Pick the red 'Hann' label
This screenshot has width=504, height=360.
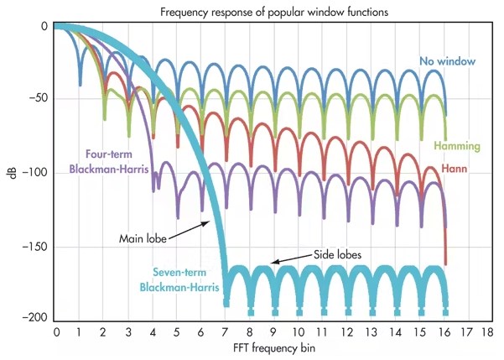coord(455,170)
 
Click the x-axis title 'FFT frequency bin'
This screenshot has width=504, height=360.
coord(271,347)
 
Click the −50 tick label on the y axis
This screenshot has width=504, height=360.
coord(36,99)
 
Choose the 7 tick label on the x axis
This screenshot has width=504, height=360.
coord(225,331)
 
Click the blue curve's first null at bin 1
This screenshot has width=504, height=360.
coord(81,83)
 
